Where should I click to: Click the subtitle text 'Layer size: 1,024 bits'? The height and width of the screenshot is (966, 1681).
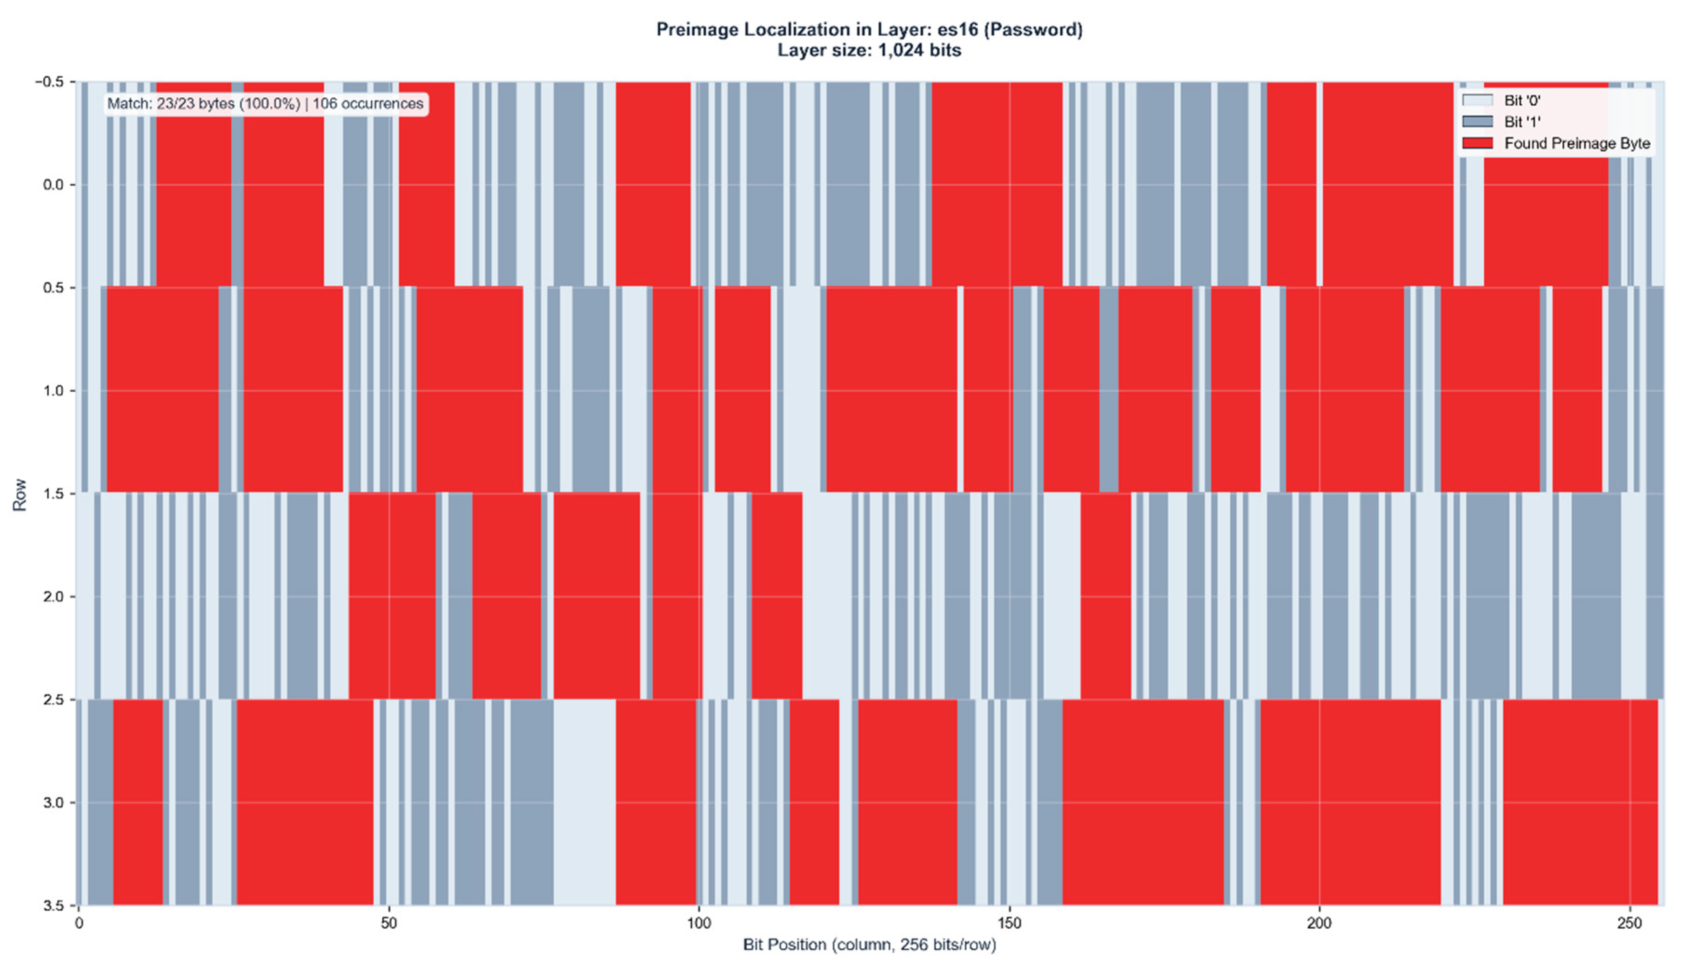coord(869,50)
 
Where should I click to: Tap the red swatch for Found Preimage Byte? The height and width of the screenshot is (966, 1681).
coord(1477,143)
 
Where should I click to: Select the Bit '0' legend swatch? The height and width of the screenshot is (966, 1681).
coord(1477,100)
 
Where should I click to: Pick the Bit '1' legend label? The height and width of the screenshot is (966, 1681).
coord(1522,121)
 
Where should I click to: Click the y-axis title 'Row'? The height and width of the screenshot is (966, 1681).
coord(20,494)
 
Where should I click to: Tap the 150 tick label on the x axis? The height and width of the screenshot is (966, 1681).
coord(1009,923)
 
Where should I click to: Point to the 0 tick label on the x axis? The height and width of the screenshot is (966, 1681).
coord(79,923)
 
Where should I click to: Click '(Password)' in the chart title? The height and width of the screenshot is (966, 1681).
coord(1040,29)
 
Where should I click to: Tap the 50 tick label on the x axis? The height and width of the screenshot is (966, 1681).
coord(389,923)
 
